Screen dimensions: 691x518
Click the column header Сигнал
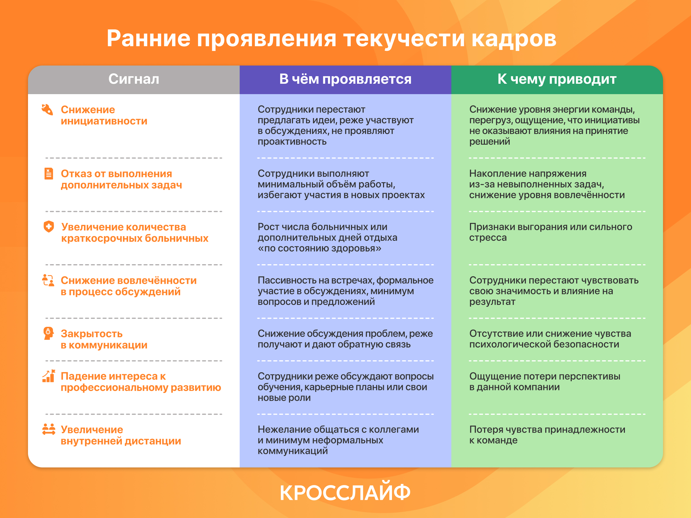tap(134, 79)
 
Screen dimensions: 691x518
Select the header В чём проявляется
tap(345, 79)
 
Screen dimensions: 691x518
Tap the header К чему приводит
tap(557, 79)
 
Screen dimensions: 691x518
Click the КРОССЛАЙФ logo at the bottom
tap(345, 492)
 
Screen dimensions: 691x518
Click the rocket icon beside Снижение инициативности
tap(48, 109)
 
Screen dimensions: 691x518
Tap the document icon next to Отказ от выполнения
tap(49, 174)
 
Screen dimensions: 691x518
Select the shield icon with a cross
tap(49, 226)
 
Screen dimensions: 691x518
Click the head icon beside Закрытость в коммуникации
tap(48, 333)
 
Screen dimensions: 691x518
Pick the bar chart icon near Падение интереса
tap(49, 376)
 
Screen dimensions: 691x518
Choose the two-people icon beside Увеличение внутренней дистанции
tap(49, 429)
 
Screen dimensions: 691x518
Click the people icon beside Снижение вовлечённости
tap(48, 280)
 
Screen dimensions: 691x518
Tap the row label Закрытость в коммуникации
tap(104, 339)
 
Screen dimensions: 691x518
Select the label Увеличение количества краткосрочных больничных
tap(135, 232)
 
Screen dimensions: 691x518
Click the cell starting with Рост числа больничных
tap(327, 237)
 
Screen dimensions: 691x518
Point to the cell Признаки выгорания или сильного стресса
tap(550, 232)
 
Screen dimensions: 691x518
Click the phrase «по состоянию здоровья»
tap(319, 248)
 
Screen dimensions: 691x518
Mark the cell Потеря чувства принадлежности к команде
tap(547, 435)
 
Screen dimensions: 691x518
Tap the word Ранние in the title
tap(148, 39)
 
